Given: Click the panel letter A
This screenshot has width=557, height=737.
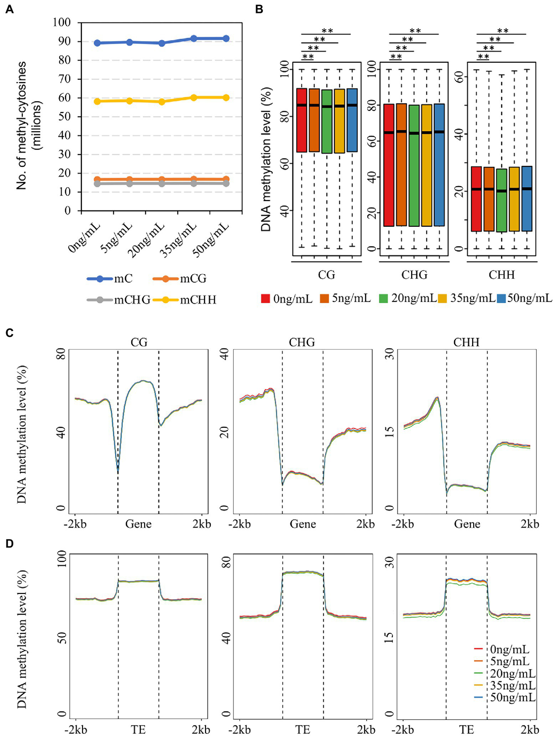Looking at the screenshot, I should click(10, 9).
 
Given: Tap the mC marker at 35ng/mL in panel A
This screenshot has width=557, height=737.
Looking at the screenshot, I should click(194, 38).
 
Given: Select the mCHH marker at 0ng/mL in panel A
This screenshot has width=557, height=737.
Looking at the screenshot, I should click(97, 101).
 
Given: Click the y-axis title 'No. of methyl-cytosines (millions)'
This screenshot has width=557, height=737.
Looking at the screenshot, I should click(29, 125).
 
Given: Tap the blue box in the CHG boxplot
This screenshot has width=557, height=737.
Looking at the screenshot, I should click(439, 165).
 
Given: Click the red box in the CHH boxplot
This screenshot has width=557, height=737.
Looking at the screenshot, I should click(476, 199).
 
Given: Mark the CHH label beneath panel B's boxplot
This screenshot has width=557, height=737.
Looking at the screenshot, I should click(501, 275).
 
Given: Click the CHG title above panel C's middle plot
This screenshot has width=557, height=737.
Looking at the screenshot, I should click(302, 342).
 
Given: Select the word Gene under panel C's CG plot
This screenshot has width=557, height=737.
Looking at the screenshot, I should click(138, 524).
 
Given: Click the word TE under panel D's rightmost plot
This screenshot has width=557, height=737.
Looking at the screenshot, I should click(466, 729).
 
